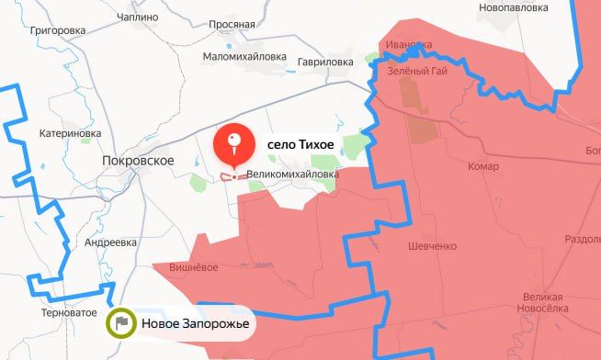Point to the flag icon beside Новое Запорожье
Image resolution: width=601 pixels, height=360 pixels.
point(121,323)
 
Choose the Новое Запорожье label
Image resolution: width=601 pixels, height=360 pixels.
point(195,323)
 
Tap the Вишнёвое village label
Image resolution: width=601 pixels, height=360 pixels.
point(193,267)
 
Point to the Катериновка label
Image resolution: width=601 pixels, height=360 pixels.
point(70,133)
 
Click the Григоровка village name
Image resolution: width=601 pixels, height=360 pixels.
point(57,29)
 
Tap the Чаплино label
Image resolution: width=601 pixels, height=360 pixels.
point(139,17)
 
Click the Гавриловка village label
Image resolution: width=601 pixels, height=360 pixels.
point(325,62)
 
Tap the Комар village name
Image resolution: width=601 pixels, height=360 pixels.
point(482,166)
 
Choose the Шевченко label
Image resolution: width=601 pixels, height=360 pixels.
point(432,246)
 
